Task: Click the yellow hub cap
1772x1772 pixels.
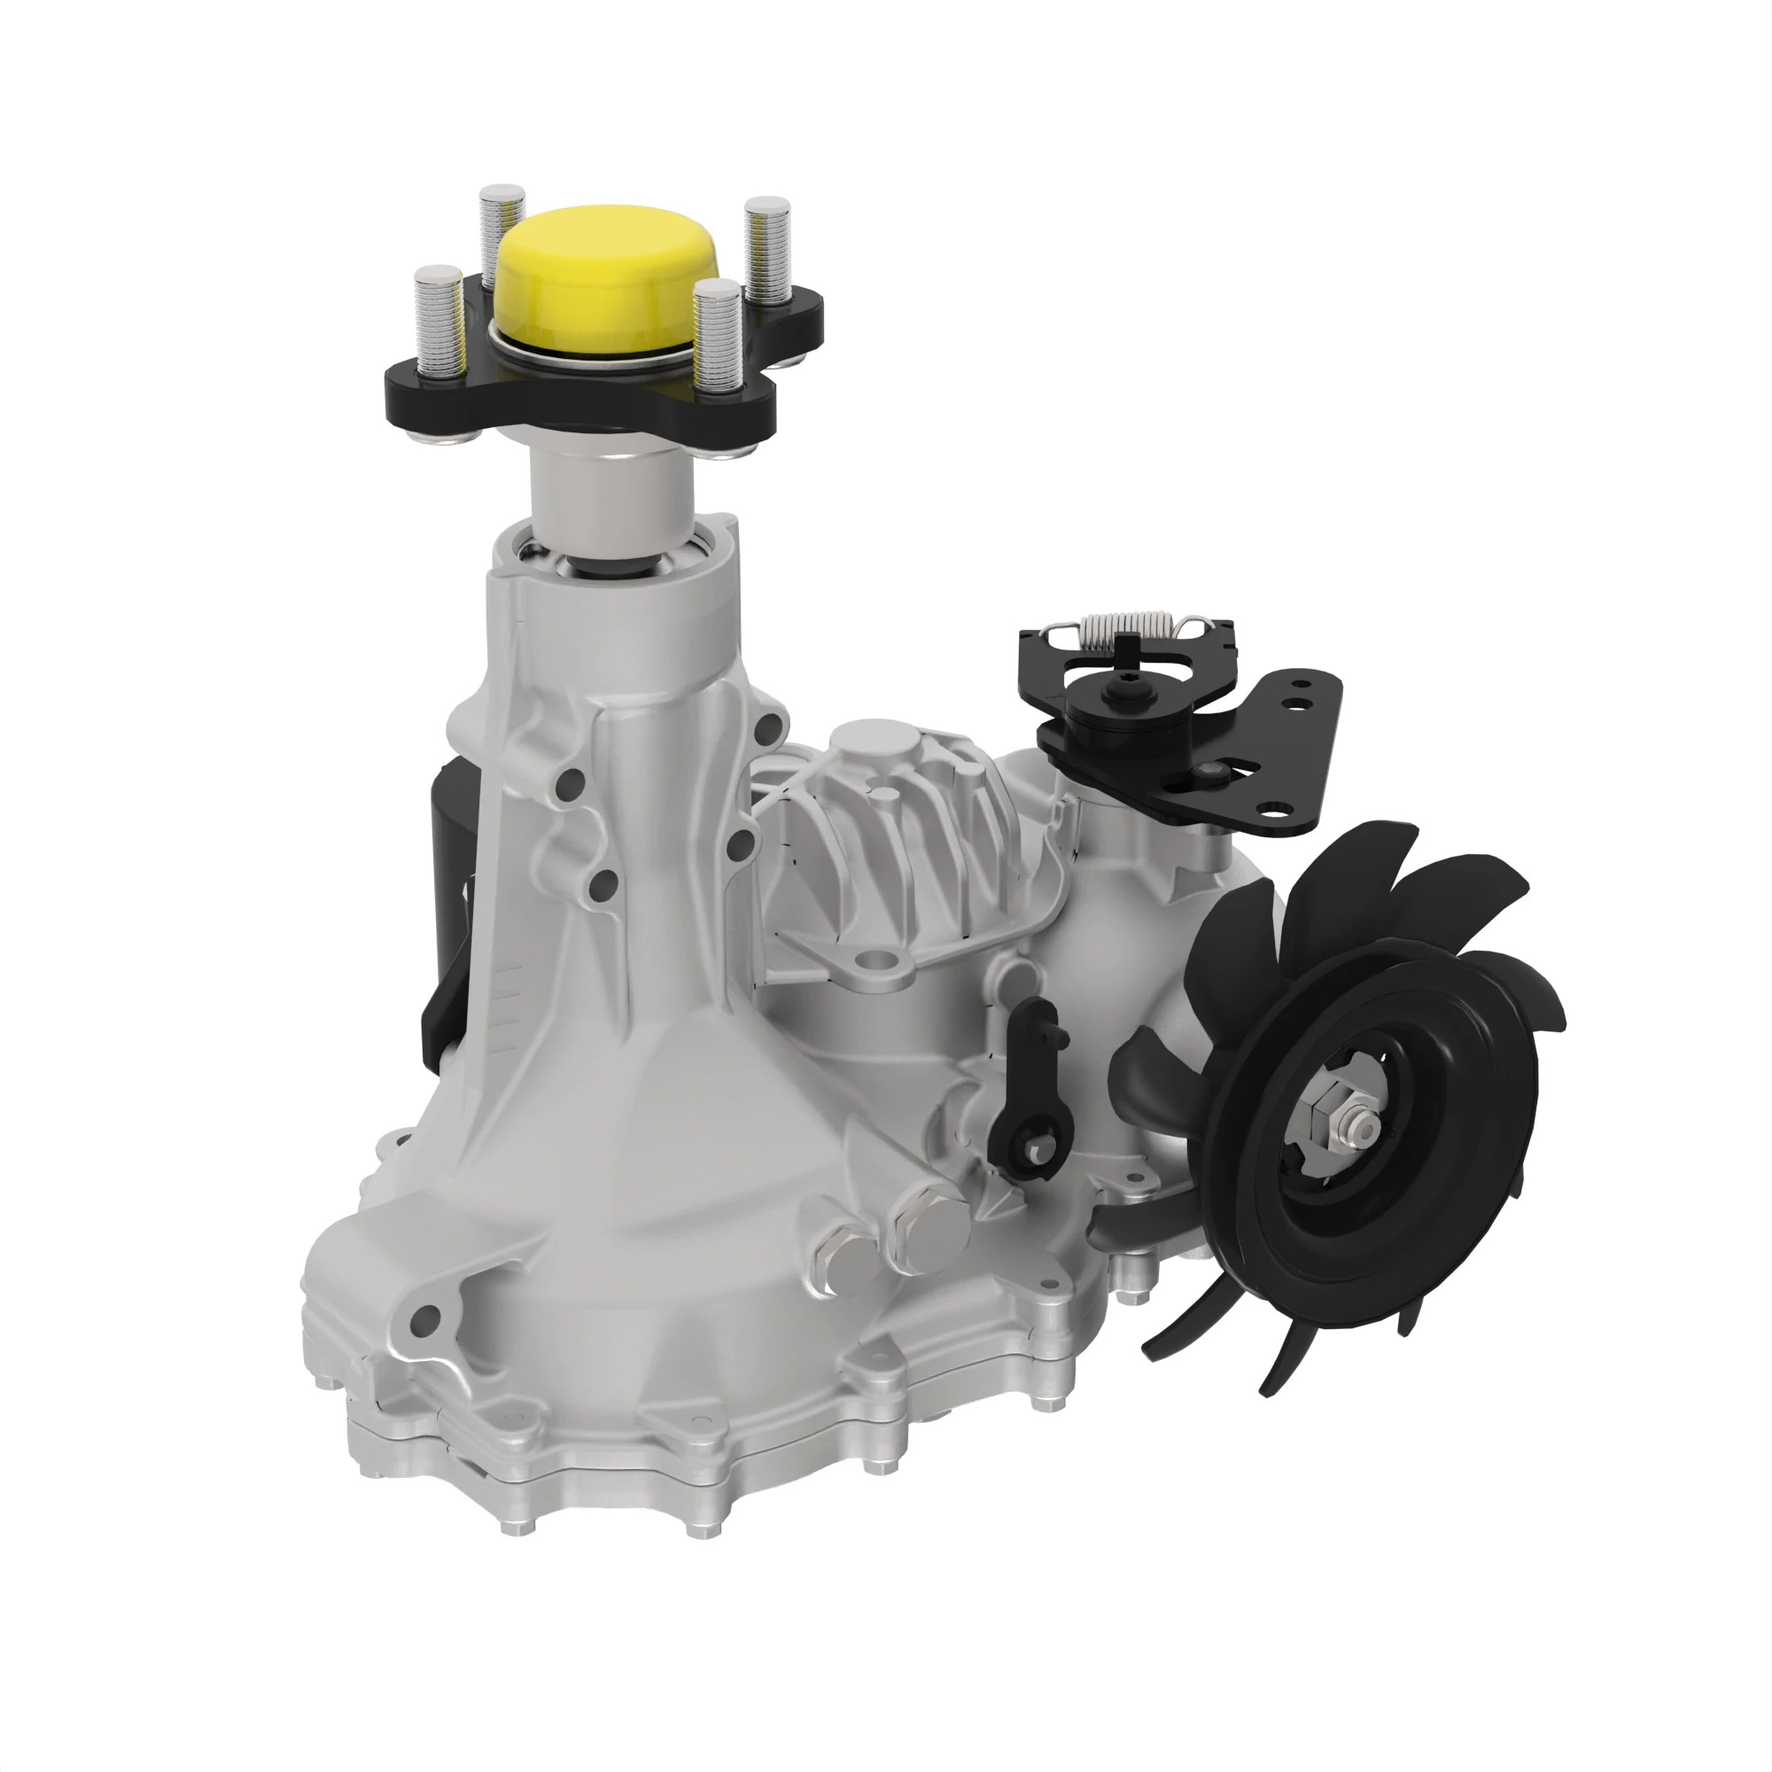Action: point(606,276)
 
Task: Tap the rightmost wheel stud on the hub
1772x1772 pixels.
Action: point(766,248)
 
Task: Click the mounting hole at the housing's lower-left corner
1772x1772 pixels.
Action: point(424,1320)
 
